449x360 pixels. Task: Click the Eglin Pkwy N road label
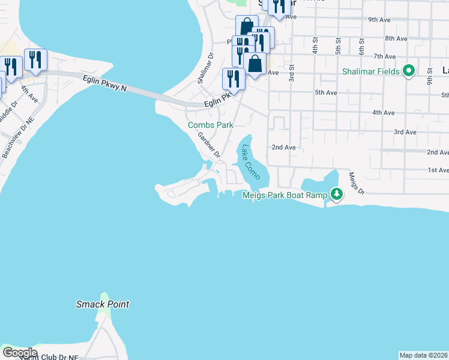pos(106,82)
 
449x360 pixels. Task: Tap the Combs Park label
pos(210,125)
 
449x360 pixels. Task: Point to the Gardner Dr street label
pos(209,146)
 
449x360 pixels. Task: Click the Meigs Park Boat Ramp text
pos(285,195)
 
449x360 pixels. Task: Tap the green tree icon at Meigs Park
pos(337,194)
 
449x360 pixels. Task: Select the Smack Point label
pos(103,304)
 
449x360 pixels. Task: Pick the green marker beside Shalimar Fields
pos(409,71)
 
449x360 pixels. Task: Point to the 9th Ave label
pos(379,20)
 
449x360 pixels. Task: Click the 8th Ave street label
pos(396,38)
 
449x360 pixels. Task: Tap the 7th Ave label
pos(384,56)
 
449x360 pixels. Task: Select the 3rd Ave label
pos(405,132)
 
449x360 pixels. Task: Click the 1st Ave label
pos(438,170)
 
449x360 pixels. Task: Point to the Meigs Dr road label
pos(357,182)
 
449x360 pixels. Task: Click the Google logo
pos(20,353)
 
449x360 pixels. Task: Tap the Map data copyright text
pos(424,355)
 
